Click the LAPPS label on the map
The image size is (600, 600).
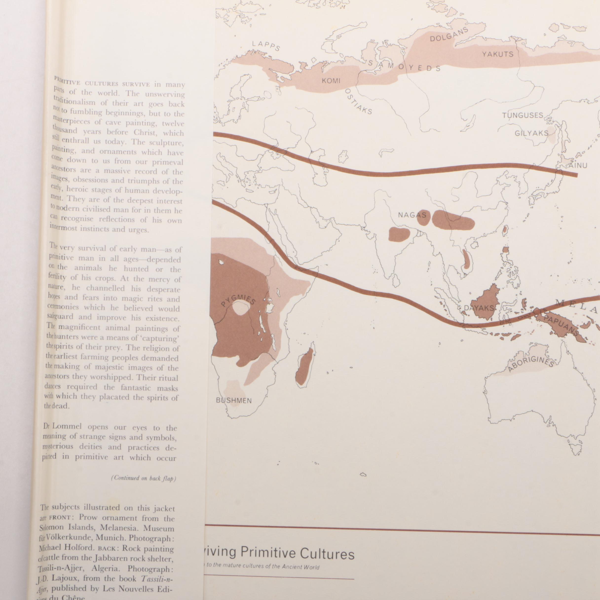[x=266, y=46]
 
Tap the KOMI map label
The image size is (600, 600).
[x=331, y=81]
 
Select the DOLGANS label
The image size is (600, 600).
[x=449, y=35]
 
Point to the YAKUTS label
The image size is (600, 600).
[x=498, y=54]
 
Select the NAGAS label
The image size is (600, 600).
[x=412, y=215]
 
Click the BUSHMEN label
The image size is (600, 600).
[x=234, y=401]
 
